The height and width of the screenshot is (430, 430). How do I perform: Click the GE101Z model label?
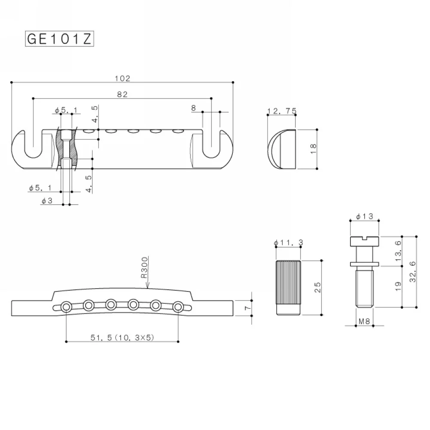pyautogui.click(x=59, y=39)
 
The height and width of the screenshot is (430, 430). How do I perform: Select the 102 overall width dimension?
pyautogui.click(x=122, y=78)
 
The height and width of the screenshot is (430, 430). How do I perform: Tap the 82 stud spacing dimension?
pyautogui.click(x=122, y=94)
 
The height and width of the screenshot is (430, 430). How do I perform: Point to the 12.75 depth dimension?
pyautogui.click(x=282, y=111)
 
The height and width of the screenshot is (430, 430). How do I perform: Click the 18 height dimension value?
pyautogui.click(x=313, y=149)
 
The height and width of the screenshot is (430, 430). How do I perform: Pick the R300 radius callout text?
pyautogui.click(x=144, y=267)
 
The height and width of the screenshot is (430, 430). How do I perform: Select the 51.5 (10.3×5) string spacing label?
pyautogui.click(x=122, y=337)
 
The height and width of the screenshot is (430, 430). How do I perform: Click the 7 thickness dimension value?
pyautogui.click(x=248, y=308)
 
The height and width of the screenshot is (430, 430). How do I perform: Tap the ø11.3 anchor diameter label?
pyautogui.click(x=289, y=243)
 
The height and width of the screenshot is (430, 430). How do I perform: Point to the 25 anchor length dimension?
pyautogui.click(x=317, y=287)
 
